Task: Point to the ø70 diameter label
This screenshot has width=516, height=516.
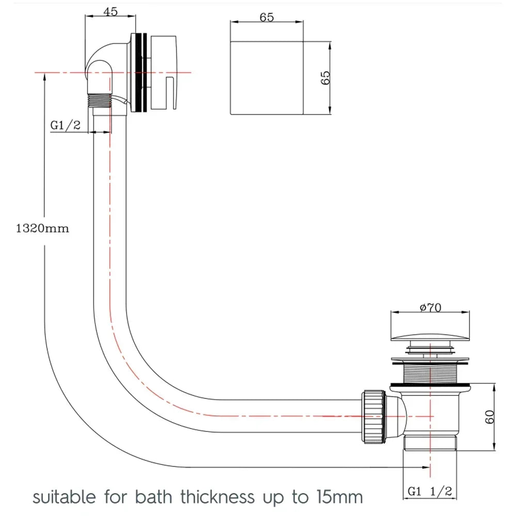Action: pos(430,308)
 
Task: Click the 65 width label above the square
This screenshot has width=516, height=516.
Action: pos(266,17)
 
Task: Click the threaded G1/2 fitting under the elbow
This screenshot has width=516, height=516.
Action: pos(101,100)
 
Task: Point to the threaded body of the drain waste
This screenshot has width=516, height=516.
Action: pos(430,373)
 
